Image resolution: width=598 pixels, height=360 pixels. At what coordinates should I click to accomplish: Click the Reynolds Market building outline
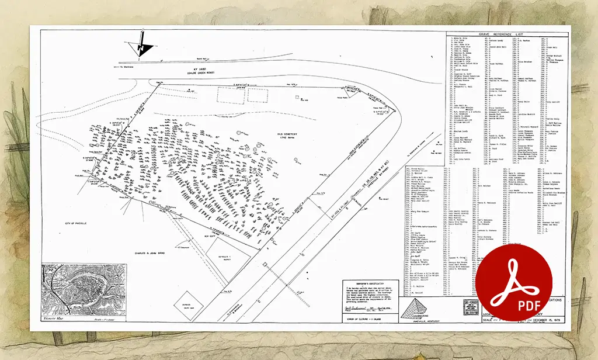pos(225,252)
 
